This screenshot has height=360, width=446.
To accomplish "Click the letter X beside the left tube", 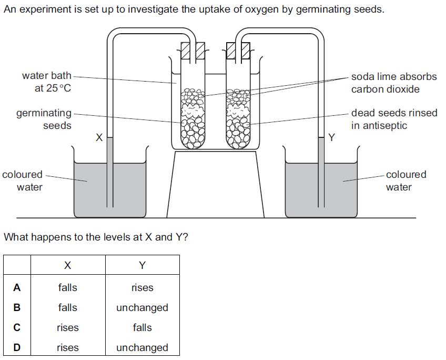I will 98,138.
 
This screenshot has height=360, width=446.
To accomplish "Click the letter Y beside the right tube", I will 331,138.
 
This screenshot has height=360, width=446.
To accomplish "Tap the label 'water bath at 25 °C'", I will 46,82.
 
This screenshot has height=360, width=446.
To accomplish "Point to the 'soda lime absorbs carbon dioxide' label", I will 393,83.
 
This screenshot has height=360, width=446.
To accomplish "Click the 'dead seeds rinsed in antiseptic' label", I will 393,119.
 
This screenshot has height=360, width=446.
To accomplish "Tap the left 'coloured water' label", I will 22,181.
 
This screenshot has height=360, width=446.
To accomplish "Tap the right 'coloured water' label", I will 406,181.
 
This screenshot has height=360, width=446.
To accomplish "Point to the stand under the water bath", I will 215,184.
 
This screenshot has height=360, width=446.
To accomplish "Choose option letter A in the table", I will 17,287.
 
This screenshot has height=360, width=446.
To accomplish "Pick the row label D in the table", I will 17,347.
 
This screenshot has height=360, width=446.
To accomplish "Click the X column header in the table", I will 67,265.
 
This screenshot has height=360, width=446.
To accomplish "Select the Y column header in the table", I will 142,265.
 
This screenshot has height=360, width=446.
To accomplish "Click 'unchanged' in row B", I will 142,307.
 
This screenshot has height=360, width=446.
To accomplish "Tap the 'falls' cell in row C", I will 142,327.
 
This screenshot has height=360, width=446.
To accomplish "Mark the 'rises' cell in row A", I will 142,287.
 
